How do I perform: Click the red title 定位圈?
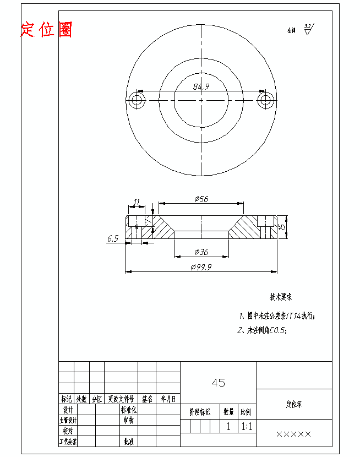click(x=46, y=30)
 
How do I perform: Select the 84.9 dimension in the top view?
click(x=201, y=86)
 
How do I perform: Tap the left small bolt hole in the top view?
click(x=136, y=100)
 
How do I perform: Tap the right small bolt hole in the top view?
click(x=266, y=100)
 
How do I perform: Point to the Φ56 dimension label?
click(x=201, y=199)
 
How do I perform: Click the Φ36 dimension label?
click(x=201, y=252)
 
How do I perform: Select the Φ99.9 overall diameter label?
click(x=201, y=266)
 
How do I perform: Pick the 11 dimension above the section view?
click(x=137, y=202)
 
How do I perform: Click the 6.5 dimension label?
click(x=113, y=238)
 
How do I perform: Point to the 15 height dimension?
click(x=281, y=226)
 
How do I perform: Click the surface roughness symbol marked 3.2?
click(x=307, y=29)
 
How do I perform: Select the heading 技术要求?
click(x=280, y=297)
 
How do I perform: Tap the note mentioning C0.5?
click(x=263, y=330)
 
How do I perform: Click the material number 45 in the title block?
click(x=218, y=383)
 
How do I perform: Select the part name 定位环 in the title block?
click(x=294, y=404)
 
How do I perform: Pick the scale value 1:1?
click(x=246, y=426)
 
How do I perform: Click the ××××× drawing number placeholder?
click(x=293, y=434)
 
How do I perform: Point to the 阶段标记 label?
click(x=200, y=411)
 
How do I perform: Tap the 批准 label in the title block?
click(x=128, y=441)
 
